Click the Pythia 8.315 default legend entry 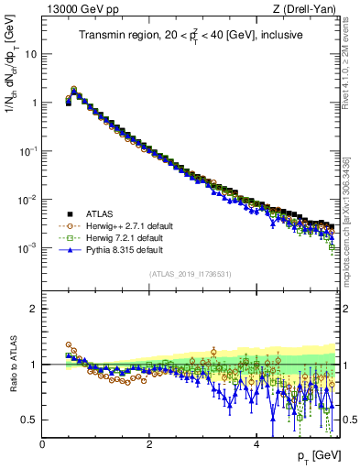pyautogui.click(x=124, y=248)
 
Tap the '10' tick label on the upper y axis pyautogui.click(x=31, y=53)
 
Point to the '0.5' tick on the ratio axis pyautogui.click(x=29, y=420)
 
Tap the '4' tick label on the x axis pyautogui.click(x=256, y=444)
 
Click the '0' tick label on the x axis pyautogui.click(x=43, y=444)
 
